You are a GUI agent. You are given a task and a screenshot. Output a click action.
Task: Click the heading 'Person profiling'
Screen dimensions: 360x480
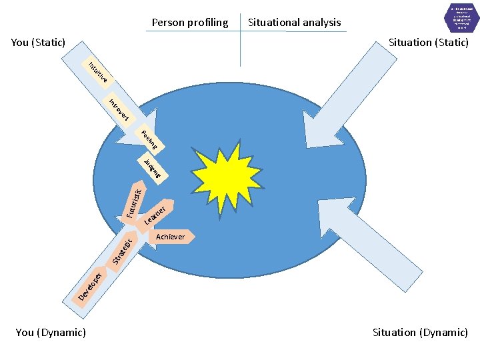[190, 23]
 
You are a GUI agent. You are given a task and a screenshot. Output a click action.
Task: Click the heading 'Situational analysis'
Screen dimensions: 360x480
[294, 23]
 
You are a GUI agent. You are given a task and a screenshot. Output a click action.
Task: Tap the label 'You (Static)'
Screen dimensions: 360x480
[38, 43]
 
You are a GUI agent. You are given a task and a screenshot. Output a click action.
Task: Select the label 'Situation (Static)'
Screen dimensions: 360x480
[429, 43]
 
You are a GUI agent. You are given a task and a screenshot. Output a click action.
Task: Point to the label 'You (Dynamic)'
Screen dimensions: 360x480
[51, 332]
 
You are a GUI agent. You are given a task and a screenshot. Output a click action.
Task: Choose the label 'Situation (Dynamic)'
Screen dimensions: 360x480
[420, 332]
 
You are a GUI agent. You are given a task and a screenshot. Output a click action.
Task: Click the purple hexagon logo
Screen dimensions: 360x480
[461, 18]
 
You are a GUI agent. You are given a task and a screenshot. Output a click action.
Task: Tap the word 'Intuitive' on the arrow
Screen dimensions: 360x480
[98, 74]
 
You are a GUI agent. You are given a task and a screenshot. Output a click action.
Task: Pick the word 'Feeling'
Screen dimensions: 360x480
[152, 141]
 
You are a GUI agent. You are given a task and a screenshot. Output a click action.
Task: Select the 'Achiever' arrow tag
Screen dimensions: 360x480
[172, 237]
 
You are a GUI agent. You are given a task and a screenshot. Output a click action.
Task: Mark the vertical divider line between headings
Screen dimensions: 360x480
[240, 40]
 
